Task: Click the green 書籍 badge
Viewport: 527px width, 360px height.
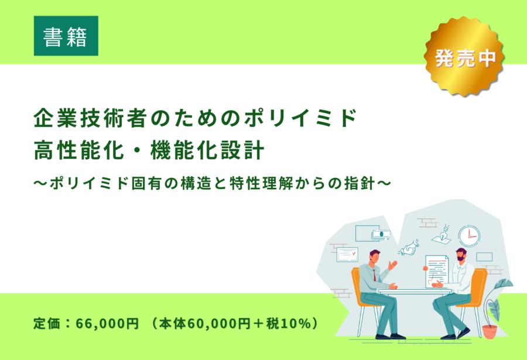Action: tap(66, 36)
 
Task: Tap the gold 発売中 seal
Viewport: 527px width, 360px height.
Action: tap(465, 56)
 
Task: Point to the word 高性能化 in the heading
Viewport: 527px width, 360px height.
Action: tap(79, 150)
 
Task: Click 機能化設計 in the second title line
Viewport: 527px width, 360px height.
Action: tap(207, 150)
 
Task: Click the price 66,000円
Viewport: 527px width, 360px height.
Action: tap(107, 323)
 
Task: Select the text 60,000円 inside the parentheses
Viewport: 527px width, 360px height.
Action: tap(218, 323)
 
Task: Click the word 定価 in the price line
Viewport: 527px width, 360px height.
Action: tap(47, 323)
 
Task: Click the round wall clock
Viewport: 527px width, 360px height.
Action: tap(469, 236)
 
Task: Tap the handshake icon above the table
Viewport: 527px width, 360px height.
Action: tap(409, 248)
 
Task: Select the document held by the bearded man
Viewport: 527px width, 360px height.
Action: tap(436, 271)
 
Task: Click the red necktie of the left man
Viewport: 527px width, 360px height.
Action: tap(374, 275)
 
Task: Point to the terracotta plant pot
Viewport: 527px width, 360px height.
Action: tap(490, 332)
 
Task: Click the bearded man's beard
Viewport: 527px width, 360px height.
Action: tap(461, 258)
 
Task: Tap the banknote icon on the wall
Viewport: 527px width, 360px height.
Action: tap(381, 235)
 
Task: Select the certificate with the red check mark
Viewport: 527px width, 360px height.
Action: tap(347, 255)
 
